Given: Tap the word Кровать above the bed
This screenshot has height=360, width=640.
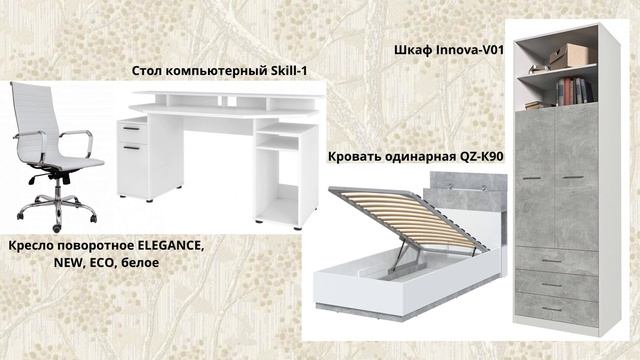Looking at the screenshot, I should (x=356, y=157).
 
